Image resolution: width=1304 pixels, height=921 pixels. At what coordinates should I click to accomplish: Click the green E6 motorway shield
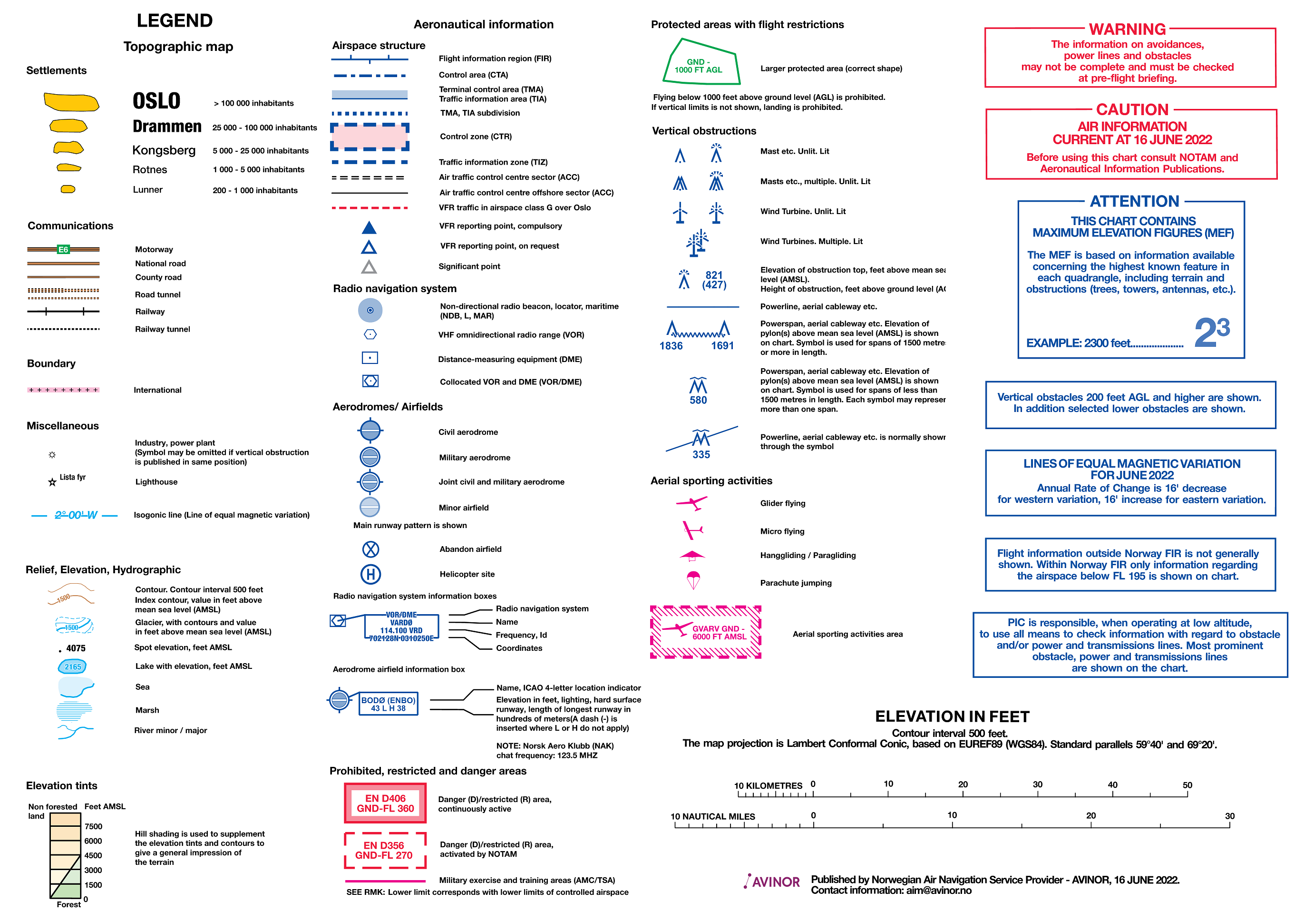[63, 249]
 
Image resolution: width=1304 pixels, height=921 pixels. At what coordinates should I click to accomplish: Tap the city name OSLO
[157, 101]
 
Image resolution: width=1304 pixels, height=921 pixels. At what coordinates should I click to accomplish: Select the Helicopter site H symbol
[370, 574]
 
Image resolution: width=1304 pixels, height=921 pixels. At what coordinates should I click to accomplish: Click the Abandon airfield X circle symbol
[370, 549]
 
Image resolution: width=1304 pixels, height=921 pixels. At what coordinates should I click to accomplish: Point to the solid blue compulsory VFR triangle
[369, 228]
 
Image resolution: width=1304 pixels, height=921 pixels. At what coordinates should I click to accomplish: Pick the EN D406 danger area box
[385, 803]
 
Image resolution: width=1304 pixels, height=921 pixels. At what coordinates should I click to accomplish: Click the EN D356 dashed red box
[385, 851]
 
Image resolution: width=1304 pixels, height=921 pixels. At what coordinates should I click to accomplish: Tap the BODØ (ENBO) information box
[389, 704]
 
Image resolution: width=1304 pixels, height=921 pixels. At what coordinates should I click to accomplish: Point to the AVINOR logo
[772, 882]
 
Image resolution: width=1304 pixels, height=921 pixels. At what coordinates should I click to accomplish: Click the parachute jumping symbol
[693, 580]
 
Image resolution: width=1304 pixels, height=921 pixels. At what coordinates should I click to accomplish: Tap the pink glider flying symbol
[692, 503]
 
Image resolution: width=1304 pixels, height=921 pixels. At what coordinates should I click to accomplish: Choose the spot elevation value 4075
[76, 648]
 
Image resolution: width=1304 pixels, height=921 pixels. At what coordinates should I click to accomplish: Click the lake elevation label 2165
[73, 667]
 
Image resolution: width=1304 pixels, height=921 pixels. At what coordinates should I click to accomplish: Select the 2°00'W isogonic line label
[76, 515]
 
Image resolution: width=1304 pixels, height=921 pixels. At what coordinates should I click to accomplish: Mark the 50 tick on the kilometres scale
[1187, 793]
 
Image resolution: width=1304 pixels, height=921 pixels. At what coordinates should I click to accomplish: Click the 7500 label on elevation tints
[93, 827]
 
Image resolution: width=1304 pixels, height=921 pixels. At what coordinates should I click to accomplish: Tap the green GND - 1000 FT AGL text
[698, 66]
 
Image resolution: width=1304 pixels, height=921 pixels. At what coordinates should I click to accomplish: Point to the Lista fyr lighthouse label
[73, 477]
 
